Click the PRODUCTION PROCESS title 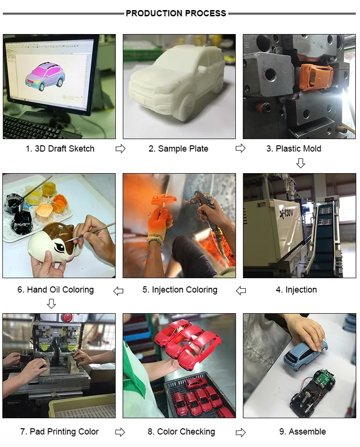[176, 13]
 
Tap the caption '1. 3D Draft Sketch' [60, 149]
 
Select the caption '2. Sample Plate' [178, 149]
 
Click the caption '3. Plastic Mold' [294, 149]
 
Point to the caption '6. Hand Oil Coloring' [56, 290]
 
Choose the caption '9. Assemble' [302, 432]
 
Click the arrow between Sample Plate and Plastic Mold [240, 148]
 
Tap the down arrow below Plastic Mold [300, 163]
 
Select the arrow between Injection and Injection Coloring [241, 291]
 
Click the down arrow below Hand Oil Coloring [51, 304]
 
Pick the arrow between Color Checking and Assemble [240, 433]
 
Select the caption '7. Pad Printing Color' [60, 432]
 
